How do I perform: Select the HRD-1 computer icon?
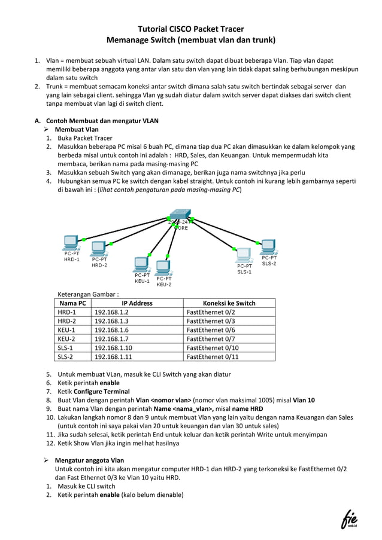tap(71, 243)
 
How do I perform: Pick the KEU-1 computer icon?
tap(142, 264)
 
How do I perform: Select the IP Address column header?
tap(137, 303)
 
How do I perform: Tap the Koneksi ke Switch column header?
tap(229, 303)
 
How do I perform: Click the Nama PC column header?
tap(72, 303)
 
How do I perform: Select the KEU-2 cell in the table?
tap(66, 338)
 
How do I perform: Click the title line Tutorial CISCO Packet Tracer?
tap(191, 28)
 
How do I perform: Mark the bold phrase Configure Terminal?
tap(102, 392)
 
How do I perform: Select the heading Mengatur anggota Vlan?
tap(89, 460)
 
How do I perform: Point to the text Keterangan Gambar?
tap(87, 294)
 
